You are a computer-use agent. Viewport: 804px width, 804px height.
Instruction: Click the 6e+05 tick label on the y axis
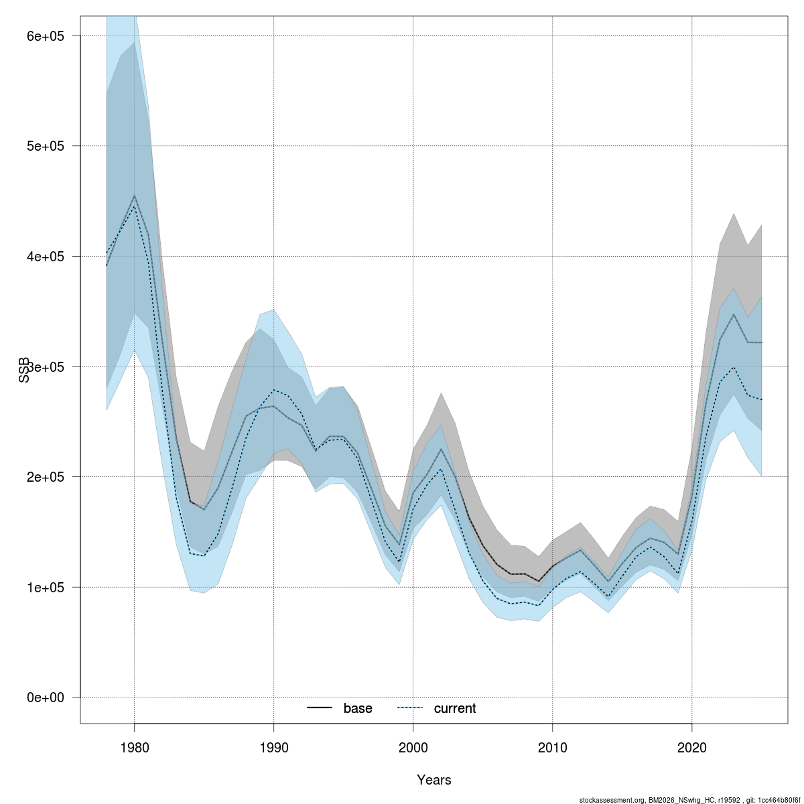point(45,36)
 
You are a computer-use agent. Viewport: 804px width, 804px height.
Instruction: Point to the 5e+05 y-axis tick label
point(45,146)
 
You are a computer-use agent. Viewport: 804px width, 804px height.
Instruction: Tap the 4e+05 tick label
point(45,257)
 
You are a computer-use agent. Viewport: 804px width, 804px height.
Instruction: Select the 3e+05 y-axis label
point(45,366)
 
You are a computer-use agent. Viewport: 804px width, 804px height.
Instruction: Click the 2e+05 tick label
point(45,477)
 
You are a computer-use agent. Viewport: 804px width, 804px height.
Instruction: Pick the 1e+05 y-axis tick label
point(45,588)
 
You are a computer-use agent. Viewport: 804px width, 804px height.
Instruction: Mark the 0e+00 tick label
point(45,697)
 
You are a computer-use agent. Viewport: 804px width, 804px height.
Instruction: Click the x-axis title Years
point(433,780)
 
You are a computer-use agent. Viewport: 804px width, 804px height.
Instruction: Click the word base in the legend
point(358,709)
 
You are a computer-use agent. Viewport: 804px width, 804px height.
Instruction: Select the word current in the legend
point(455,709)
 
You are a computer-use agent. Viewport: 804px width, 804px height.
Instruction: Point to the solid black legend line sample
point(320,708)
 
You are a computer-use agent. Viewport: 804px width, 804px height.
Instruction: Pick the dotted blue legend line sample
point(411,708)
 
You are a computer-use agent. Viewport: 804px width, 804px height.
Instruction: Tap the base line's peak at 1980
point(134,196)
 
